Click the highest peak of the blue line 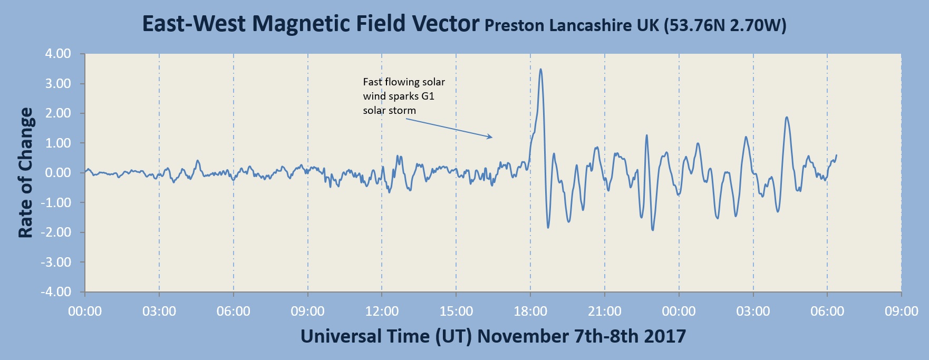pos(540,69)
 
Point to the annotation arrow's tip pos(492,138)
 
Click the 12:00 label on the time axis pos(382,312)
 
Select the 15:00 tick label pos(456,312)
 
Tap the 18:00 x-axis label pos(530,312)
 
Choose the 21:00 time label pos(605,312)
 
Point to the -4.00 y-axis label pos(56,291)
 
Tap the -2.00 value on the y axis pos(56,232)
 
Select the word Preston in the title pos(514,25)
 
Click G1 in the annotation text pos(428,96)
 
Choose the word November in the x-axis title pos(522,336)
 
